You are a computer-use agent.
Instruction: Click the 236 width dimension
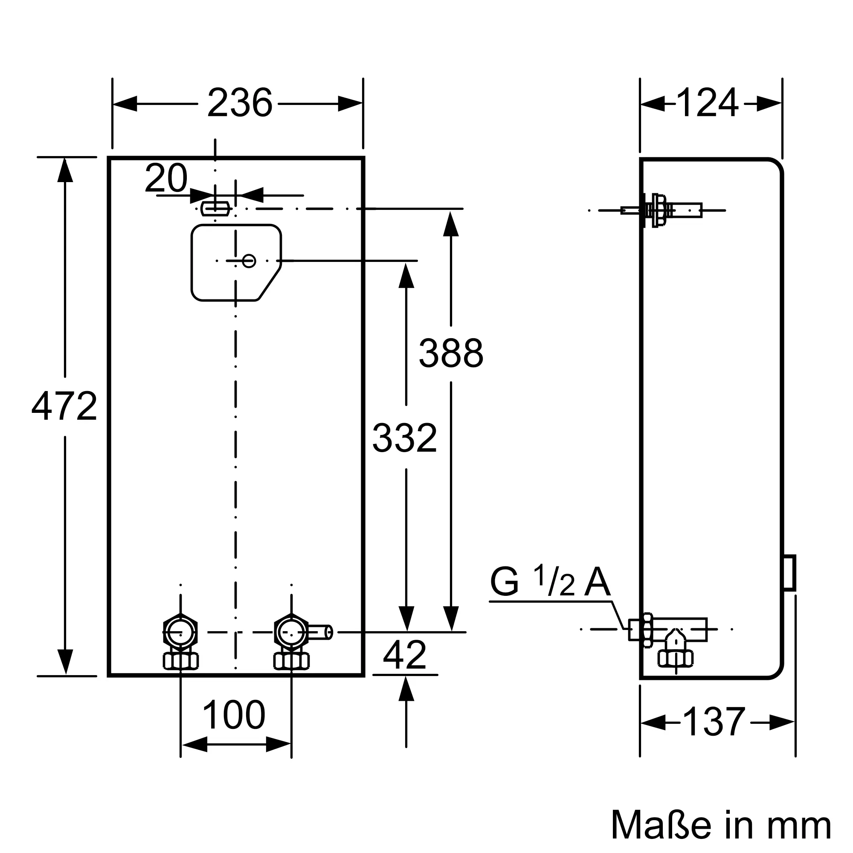(240, 103)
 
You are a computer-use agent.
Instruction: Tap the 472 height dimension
(64, 406)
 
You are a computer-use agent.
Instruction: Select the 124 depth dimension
(707, 103)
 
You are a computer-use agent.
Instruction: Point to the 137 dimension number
(714, 722)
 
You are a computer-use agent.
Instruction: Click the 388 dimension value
(451, 353)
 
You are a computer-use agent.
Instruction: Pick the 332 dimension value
(405, 438)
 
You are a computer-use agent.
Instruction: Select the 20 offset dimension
(166, 178)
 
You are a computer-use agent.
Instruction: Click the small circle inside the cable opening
(249, 261)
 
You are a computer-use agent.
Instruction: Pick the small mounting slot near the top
(215, 209)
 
